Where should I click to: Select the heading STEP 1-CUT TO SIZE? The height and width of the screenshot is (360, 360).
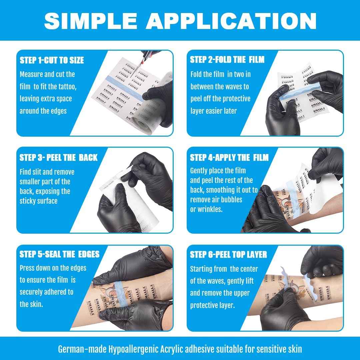pyautogui.click(x=52, y=60)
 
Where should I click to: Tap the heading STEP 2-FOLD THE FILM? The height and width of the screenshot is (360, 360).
pyautogui.click(x=227, y=60)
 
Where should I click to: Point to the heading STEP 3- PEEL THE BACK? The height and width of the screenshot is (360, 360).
pyautogui.click(x=58, y=157)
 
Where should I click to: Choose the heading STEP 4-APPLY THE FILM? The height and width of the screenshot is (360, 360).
pyautogui.click(x=229, y=157)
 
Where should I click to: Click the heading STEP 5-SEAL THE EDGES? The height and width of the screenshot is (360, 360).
pyautogui.click(x=59, y=254)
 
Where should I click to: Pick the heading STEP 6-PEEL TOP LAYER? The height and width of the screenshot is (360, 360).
pyautogui.click(x=228, y=255)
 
